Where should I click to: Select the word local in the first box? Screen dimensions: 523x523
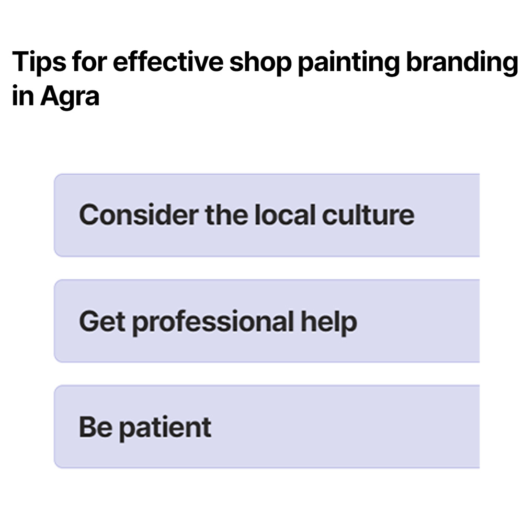click(285, 215)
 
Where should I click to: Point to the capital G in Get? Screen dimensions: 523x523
click(88, 322)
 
